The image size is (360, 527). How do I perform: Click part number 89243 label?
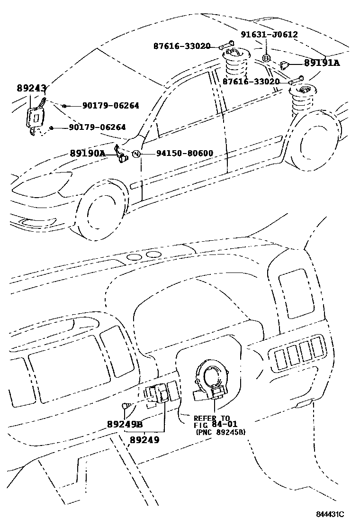(x=31, y=88)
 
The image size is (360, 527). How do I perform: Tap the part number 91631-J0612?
(x=269, y=35)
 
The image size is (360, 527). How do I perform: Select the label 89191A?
(x=322, y=63)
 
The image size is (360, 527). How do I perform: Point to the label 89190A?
(x=87, y=153)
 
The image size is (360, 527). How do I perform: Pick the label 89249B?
(x=125, y=424)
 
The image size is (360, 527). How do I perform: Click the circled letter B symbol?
(x=266, y=58)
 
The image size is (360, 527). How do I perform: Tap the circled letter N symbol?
(x=136, y=154)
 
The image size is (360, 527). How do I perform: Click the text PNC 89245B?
(x=220, y=432)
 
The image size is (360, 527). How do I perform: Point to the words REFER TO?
(x=212, y=418)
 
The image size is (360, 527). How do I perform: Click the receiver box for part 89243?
(x=34, y=116)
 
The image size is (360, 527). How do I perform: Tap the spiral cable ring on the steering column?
(x=212, y=378)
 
